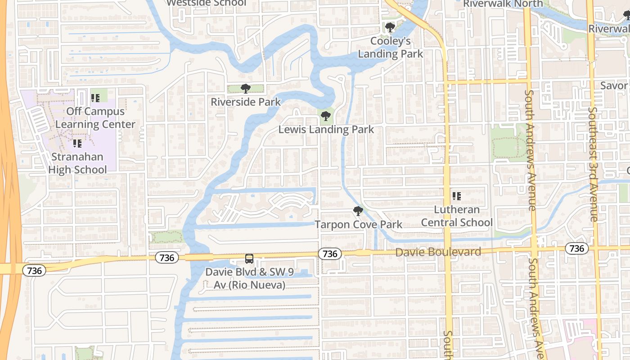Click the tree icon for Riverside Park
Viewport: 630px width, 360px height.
[x=245, y=88]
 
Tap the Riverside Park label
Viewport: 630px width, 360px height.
[x=246, y=102]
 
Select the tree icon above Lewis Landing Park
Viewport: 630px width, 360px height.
[x=325, y=117]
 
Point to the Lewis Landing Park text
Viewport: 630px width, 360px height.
[x=326, y=130]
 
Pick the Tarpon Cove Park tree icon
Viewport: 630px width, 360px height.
[x=358, y=211]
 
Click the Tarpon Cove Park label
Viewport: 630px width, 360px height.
[x=359, y=224]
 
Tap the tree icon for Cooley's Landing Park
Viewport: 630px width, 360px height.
[x=390, y=27]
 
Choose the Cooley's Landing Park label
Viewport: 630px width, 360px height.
[x=391, y=47]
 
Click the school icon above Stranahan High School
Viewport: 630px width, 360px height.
[x=77, y=144]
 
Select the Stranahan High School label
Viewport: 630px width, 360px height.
[x=77, y=163]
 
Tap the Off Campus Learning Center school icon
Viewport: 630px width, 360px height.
[x=95, y=98]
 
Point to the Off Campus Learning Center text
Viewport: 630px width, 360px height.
[x=95, y=117]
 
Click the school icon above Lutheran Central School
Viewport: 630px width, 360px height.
[x=457, y=196]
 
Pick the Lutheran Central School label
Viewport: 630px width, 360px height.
[x=457, y=216]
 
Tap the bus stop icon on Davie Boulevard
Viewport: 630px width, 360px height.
[x=249, y=259]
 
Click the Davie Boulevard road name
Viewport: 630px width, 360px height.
[x=438, y=252]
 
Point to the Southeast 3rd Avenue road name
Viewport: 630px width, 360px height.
[x=594, y=164]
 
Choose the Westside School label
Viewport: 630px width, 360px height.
[x=207, y=3]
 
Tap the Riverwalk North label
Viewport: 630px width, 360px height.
[x=503, y=4]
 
